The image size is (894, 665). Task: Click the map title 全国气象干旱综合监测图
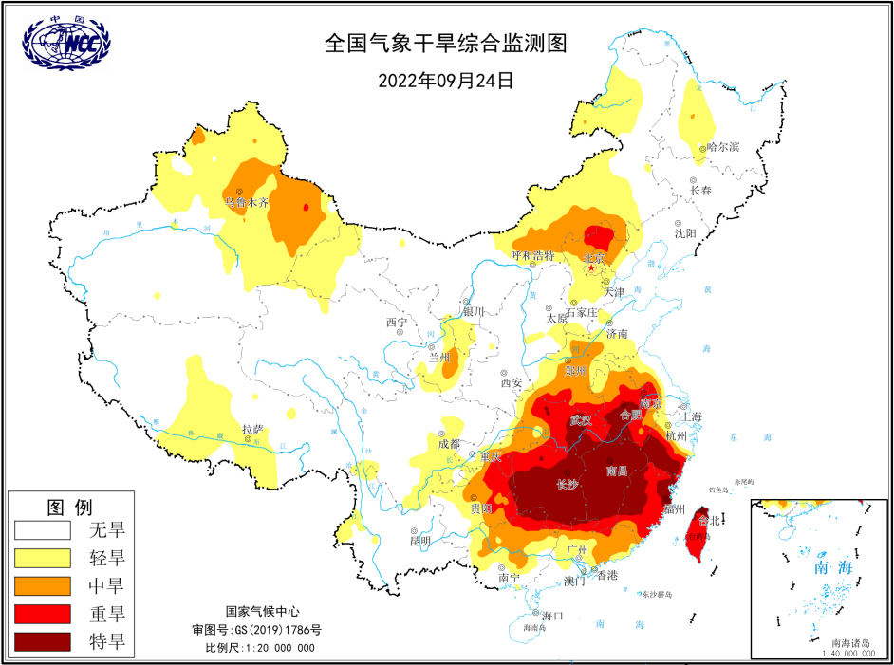445,44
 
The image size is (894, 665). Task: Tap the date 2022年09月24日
445,81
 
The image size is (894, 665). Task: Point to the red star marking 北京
592,268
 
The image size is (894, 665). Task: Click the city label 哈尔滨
723,147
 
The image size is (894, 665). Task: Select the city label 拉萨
252,429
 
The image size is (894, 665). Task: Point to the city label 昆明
419,541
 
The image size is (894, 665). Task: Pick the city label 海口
550,616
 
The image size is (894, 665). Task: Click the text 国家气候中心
261,612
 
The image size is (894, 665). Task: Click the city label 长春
700,190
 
